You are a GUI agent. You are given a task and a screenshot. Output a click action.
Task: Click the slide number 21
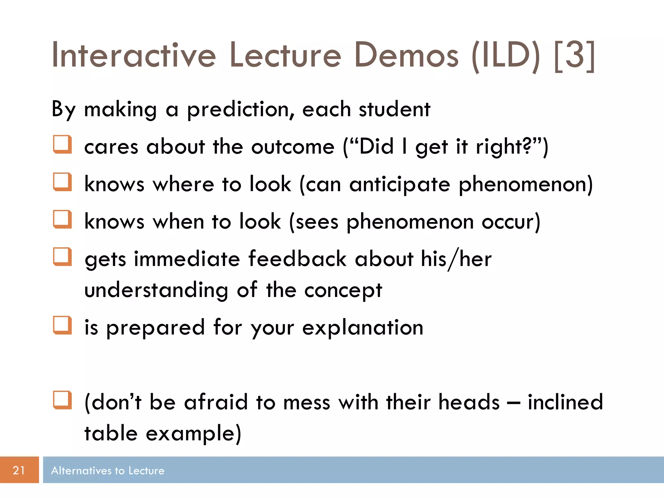(x=19, y=470)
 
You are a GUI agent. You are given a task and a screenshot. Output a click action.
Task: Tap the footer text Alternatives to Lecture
(x=108, y=470)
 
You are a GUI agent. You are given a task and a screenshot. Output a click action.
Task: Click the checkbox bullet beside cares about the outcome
(x=62, y=144)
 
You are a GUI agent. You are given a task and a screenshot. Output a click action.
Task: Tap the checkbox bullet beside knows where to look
(x=62, y=182)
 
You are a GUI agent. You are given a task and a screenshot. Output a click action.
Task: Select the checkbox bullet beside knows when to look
(x=62, y=219)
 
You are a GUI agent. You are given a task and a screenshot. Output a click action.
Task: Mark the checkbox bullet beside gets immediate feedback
(x=62, y=257)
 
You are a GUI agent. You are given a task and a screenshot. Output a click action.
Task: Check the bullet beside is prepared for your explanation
(x=62, y=325)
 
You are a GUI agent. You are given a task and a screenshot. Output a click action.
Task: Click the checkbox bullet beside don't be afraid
(x=62, y=400)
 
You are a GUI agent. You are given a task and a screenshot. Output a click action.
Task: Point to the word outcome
(x=293, y=147)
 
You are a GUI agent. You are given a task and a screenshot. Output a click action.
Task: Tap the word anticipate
(x=400, y=185)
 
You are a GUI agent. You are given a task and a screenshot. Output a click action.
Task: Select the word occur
(x=510, y=222)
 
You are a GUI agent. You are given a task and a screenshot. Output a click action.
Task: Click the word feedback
(x=297, y=259)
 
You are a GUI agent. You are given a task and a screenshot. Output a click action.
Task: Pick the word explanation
(x=363, y=328)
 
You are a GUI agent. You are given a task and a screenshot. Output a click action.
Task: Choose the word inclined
(x=565, y=402)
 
